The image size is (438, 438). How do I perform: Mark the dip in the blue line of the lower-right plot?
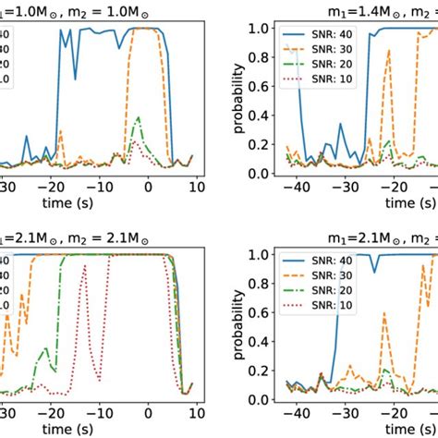(373, 271)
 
